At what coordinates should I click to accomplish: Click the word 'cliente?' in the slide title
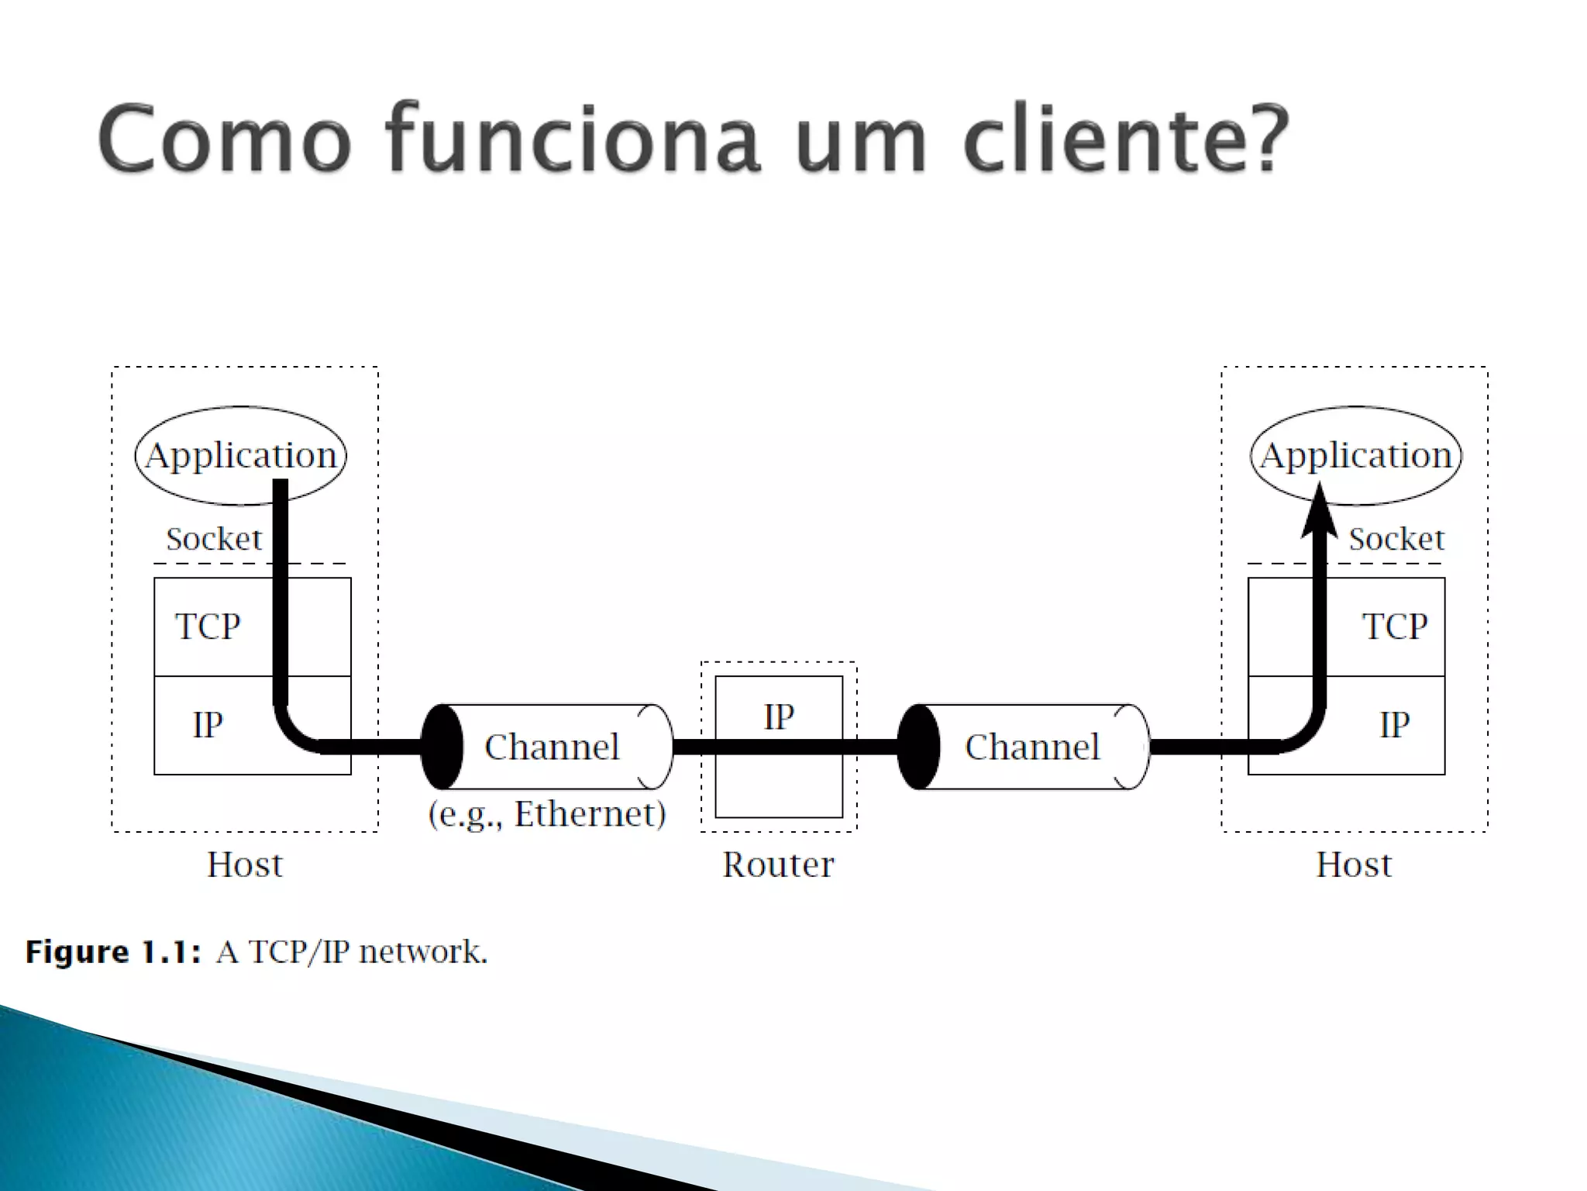pos(1125,140)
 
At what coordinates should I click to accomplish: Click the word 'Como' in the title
pos(225,140)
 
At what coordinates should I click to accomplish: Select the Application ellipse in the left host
pos(240,455)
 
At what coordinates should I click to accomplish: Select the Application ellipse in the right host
pos(1355,455)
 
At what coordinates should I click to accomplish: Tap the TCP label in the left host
pos(208,627)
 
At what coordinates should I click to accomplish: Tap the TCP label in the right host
pos(1395,627)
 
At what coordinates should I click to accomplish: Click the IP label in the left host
pos(208,725)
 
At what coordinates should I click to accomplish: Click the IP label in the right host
pos(1395,725)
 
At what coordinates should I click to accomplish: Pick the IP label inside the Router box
pos(779,717)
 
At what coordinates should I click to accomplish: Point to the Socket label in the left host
pos(214,539)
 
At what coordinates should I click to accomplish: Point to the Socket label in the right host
pos(1396,539)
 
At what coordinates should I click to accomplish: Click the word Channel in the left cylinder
pos(552,747)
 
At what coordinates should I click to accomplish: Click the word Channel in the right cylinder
pos(1032,747)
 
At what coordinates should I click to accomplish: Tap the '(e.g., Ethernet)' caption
pos(547,814)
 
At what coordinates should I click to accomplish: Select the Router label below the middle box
pos(778,865)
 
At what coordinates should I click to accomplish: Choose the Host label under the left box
pos(245,865)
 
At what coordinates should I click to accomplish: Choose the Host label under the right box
pos(1354,865)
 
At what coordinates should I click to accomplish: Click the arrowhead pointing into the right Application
pos(1319,512)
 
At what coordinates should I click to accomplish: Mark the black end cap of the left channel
pos(442,747)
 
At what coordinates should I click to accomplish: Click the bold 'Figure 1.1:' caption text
pos(113,952)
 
